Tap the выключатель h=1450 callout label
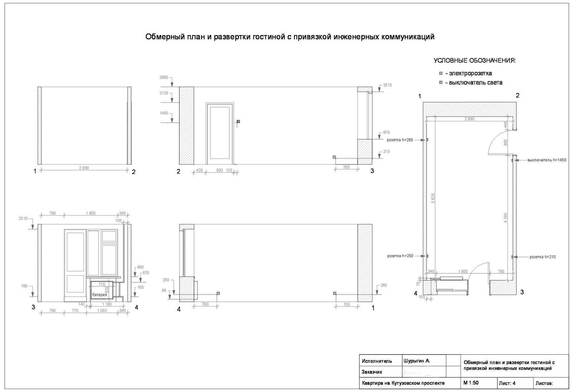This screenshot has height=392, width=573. coord(546,160)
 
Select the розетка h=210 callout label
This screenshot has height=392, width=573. coord(543,257)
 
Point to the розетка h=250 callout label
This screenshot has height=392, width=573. coord(400,256)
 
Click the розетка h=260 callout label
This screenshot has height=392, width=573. coord(400,140)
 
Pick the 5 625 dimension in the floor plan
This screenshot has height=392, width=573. coord(433,198)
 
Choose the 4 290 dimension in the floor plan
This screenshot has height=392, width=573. coord(505,218)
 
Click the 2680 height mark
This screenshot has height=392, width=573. coord(164,77)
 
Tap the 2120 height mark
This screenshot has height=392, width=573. coord(164,93)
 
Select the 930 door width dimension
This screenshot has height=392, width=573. coord(219,170)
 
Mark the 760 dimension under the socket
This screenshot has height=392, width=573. coord(346,167)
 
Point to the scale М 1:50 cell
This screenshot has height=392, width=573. coord(471,383)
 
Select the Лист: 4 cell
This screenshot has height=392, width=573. coord(507,383)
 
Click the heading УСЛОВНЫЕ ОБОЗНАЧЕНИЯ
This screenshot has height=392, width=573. coord(475,61)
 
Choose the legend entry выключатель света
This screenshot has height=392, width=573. coord(473,83)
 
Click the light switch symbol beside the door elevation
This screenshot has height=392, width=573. coord(239,121)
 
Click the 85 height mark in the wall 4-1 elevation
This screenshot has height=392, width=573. coord(164,290)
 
